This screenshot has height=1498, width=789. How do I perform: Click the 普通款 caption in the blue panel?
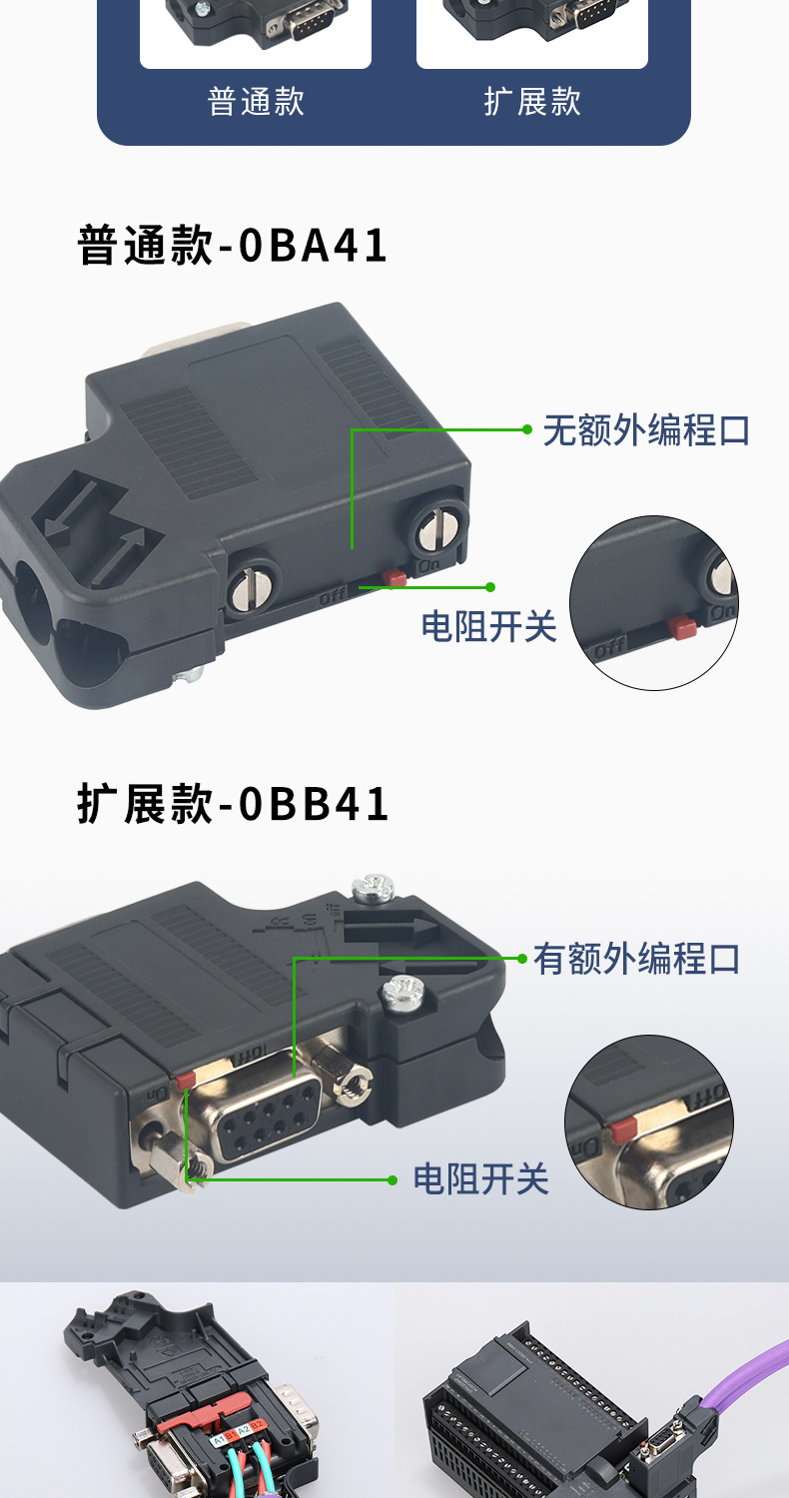(256, 102)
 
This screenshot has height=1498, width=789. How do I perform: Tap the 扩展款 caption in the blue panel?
(532, 102)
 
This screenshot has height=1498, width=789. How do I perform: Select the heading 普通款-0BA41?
(233, 247)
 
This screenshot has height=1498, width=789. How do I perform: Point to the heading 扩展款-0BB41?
(233, 805)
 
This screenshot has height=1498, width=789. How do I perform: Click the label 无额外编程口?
(646, 430)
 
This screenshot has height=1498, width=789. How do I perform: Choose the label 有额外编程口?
(637, 959)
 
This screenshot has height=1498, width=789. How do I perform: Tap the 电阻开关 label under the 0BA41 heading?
(488, 626)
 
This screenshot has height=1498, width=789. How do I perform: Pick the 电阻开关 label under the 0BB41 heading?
(481, 1179)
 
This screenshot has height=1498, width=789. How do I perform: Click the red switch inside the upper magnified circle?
(683, 627)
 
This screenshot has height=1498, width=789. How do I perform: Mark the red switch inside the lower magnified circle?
(623, 1128)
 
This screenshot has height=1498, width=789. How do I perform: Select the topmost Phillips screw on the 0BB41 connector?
(373, 887)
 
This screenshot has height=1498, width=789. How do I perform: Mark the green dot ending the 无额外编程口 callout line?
(526, 429)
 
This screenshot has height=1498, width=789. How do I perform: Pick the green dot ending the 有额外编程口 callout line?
(521, 959)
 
